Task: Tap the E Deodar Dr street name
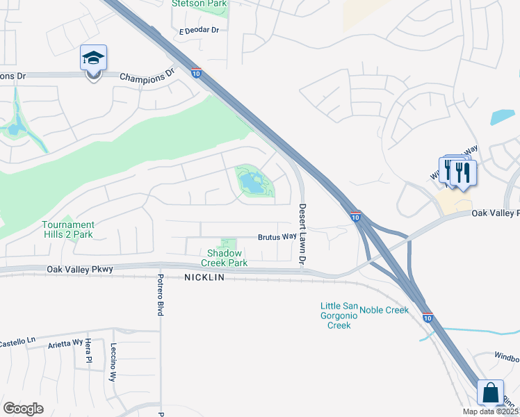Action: pyautogui.click(x=199, y=31)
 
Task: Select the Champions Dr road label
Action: pyautogui.click(x=147, y=76)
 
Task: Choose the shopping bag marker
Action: pyautogui.click(x=491, y=393)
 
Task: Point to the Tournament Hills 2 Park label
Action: pyautogui.click(x=67, y=229)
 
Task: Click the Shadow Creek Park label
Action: pyautogui.click(x=224, y=259)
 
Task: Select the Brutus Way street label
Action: pyautogui.click(x=277, y=236)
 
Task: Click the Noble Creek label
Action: pyautogui.click(x=384, y=310)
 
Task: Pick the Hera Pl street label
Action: pyautogui.click(x=88, y=352)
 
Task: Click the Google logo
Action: pyautogui.click(x=23, y=409)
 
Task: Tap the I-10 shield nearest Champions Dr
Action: pyautogui.click(x=197, y=72)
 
